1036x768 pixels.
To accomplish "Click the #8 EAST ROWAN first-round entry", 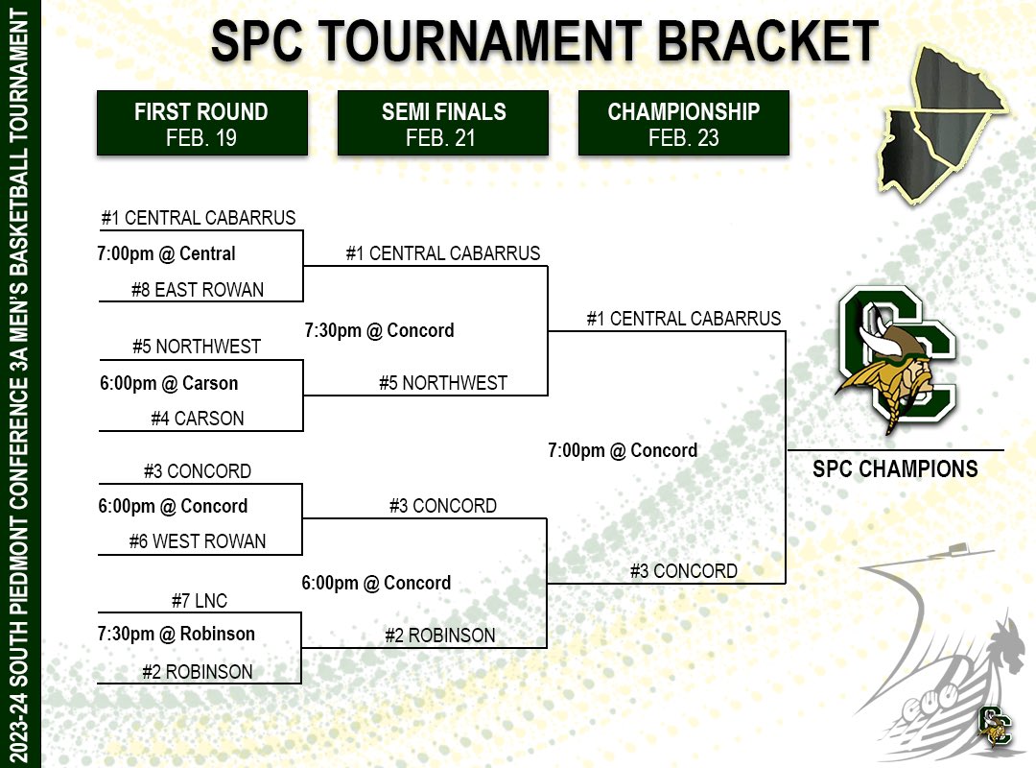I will tap(198, 290).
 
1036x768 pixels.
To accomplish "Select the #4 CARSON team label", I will tap(198, 419).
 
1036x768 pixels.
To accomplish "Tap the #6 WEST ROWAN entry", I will tap(198, 542).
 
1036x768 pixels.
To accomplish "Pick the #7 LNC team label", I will tap(200, 602).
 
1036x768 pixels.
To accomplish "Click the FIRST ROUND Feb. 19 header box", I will tap(201, 124).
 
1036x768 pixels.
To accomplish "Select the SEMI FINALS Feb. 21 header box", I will tap(442, 124).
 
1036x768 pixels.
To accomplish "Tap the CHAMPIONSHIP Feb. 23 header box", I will tap(683, 124).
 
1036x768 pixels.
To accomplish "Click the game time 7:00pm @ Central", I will tap(166, 254).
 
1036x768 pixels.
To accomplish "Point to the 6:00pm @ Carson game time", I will tap(169, 383).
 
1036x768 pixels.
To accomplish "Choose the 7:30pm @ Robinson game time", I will tap(177, 634).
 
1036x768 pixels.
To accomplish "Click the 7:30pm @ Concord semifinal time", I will tap(379, 330).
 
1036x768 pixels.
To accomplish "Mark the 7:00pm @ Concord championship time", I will tap(623, 450).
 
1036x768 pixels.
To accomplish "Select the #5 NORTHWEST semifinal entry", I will tap(443, 383).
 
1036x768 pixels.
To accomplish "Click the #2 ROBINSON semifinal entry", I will tap(440, 636).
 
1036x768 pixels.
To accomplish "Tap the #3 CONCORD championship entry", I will tap(684, 571).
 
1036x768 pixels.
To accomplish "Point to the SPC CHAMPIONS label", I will tap(895, 469).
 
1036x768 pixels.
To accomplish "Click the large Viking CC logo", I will tap(895, 360).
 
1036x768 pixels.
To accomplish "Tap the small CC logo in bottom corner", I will tap(995, 726).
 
